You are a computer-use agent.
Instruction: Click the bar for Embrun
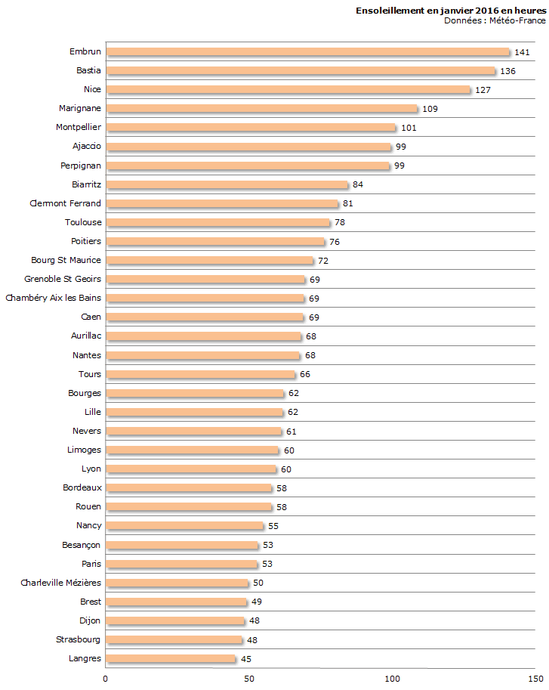[x=308, y=52]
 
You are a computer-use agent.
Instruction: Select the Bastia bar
[x=301, y=71]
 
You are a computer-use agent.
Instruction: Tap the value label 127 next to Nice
[x=483, y=90]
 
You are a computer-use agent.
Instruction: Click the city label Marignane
[x=80, y=108]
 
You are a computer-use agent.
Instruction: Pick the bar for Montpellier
[x=251, y=128]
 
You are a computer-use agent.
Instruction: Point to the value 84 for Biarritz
[x=358, y=184]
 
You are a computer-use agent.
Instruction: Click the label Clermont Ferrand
[x=65, y=203]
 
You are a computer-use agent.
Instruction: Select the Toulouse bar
[x=218, y=222]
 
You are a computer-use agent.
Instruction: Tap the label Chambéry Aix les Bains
[x=54, y=298]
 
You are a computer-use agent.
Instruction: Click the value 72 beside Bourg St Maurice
[x=323, y=261]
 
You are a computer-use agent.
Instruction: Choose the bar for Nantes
[x=203, y=355]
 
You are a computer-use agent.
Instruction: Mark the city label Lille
[x=93, y=412]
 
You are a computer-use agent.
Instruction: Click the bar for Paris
[x=182, y=564]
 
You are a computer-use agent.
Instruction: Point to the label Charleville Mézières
[x=61, y=583]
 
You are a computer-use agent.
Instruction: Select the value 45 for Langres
[x=246, y=659]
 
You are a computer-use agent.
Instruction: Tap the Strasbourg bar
[x=174, y=639]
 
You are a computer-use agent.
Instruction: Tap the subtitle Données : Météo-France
[x=495, y=20]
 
